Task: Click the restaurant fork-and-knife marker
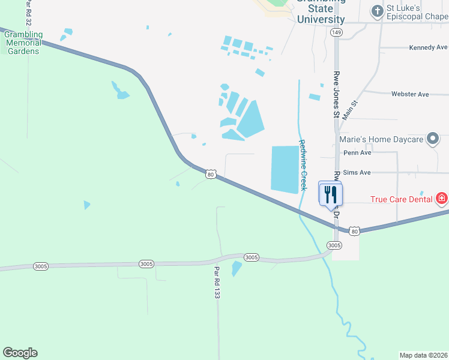[330, 194]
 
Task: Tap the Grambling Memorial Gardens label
[23, 43]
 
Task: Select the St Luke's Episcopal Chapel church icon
[376, 11]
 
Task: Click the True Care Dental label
[402, 199]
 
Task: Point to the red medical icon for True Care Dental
[442, 198]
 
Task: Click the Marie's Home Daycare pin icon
[432, 139]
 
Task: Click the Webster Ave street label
[410, 94]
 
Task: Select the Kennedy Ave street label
[427, 47]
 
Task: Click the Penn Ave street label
[357, 153]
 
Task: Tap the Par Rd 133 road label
[217, 284]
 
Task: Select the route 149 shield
[337, 32]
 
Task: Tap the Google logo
[20, 353]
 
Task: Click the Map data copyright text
[423, 355]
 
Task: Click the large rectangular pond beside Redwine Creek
[285, 169]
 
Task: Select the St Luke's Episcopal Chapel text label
[417, 12]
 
